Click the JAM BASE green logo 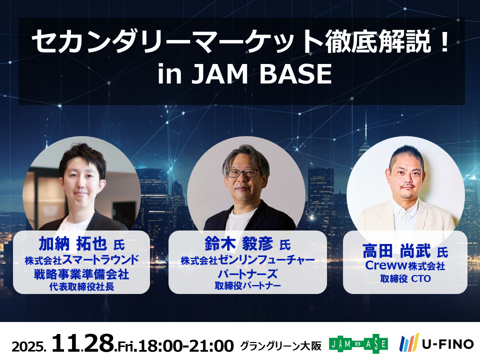(358, 344)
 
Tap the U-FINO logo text (448, 344)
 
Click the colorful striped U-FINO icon (409, 343)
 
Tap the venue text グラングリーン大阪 (280, 345)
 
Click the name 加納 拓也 (72, 244)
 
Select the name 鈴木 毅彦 (239, 244)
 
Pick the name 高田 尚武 (396, 250)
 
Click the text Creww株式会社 (404, 265)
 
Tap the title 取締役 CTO (405, 278)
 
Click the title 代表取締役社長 (81, 286)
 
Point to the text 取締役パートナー (247, 285)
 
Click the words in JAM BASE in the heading (244, 74)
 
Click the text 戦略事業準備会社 (81, 274)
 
